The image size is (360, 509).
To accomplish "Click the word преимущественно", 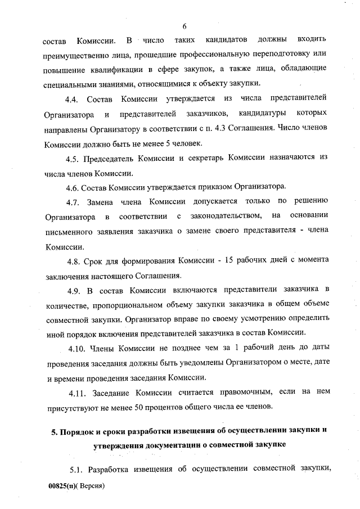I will coord(81,56).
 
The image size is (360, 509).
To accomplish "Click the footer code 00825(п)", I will coord(61,485).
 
